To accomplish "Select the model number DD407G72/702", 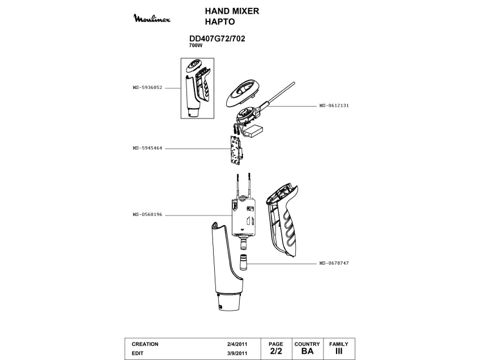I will [216, 39].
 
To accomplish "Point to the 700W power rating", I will [196, 45].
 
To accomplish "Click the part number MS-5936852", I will [147, 87].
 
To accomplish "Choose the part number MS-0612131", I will [334, 105].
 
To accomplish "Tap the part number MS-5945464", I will [147, 148].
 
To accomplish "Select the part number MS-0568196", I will [147, 215].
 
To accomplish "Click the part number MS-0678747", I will [334, 264].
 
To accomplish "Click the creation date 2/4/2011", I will [236, 344].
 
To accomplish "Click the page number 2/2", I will [275, 351].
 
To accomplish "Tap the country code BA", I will [307, 351].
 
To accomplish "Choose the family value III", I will [338, 351].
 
